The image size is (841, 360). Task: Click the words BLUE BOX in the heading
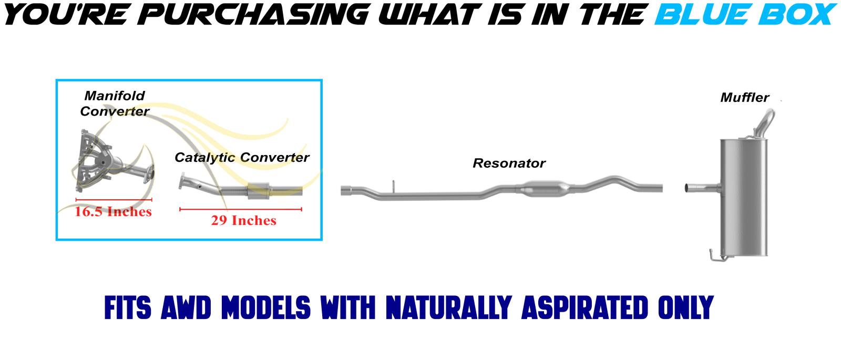(x=746, y=14)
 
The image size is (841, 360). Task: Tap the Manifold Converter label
(x=115, y=104)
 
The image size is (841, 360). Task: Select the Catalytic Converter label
(x=242, y=158)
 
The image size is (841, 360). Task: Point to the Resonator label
(x=509, y=163)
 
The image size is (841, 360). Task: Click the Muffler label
(x=744, y=98)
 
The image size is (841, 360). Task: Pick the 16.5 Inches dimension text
(x=113, y=212)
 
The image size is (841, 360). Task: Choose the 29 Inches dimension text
(x=244, y=220)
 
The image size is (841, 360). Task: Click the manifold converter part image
(x=112, y=161)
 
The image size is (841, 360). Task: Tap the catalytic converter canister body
(x=259, y=191)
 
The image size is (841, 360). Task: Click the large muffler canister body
(x=743, y=198)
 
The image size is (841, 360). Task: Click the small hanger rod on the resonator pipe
(x=394, y=187)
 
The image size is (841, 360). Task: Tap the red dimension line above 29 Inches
(x=241, y=209)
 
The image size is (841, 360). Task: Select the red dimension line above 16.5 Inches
(x=114, y=200)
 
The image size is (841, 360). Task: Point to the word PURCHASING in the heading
(x=253, y=14)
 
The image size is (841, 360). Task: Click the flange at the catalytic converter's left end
(x=182, y=181)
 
